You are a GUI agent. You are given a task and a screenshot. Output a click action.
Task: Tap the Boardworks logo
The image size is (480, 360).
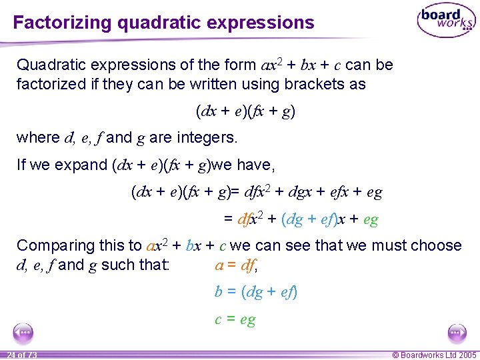click(x=446, y=21)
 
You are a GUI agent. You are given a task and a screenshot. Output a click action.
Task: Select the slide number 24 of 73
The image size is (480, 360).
click(x=21, y=355)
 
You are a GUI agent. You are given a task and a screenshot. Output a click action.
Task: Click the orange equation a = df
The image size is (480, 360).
click(x=236, y=265)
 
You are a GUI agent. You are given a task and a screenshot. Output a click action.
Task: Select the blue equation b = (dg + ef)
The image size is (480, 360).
click(x=255, y=291)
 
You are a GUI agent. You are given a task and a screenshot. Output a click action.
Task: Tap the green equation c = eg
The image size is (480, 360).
click(x=235, y=319)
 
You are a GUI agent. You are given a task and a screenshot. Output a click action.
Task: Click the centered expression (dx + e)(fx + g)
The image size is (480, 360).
click(x=245, y=111)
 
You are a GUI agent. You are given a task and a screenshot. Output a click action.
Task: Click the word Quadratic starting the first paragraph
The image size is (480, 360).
click(x=48, y=65)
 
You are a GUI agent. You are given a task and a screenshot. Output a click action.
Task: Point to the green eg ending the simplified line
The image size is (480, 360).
click(x=371, y=219)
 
